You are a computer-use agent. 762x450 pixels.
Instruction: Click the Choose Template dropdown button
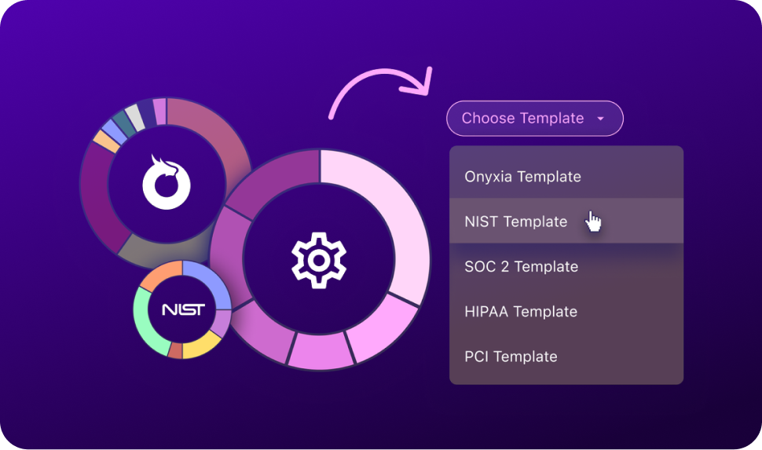coord(534,119)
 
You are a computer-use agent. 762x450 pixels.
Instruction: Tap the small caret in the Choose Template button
coord(601,119)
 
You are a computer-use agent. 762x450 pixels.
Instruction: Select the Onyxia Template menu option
coord(522,177)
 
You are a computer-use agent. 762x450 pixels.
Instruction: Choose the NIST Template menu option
coord(515,221)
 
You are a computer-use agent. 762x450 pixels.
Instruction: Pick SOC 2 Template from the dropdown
coord(521,267)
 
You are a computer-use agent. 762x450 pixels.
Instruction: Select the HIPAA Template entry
coord(520,312)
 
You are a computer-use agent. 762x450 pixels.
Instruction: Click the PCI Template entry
coord(511,357)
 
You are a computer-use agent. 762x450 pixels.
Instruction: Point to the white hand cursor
coord(594,222)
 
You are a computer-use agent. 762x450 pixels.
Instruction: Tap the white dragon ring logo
coord(167,181)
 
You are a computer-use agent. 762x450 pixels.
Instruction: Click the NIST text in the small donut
coord(182,309)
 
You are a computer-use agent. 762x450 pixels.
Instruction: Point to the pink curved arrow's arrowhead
coord(425,79)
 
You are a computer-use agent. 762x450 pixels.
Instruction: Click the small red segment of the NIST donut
coord(175,350)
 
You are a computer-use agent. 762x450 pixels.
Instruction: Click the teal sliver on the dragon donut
coord(123,123)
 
